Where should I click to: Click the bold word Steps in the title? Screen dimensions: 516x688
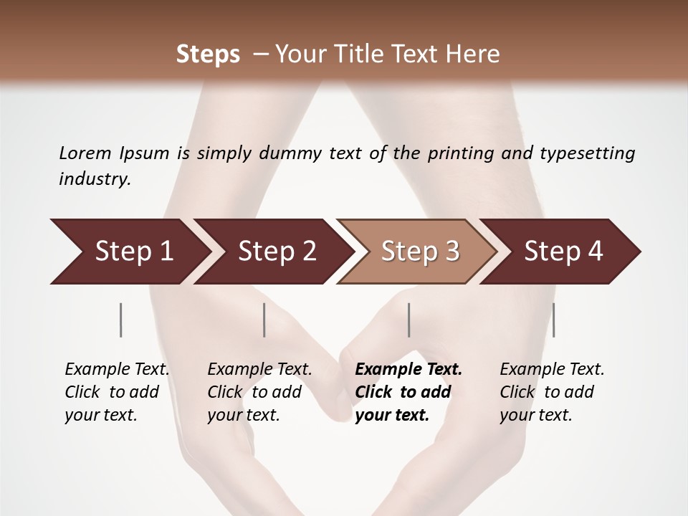pyautogui.click(x=208, y=54)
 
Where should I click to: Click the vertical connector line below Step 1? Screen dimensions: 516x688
pyautogui.click(x=121, y=320)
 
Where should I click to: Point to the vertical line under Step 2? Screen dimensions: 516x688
pyautogui.click(x=264, y=320)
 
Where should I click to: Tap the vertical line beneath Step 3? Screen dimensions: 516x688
pyautogui.click(x=409, y=320)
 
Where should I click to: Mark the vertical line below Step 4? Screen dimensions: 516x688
pyautogui.click(x=554, y=320)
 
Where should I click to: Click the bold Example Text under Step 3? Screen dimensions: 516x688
pyautogui.click(x=408, y=370)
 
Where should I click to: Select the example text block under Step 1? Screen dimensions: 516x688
pyautogui.click(x=117, y=392)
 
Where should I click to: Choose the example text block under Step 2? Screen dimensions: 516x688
pyautogui.click(x=259, y=392)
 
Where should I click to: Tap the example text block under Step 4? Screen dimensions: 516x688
pyautogui.click(x=552, y=392)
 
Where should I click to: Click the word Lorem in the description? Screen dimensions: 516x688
pyautogui.click(x=85, y=153)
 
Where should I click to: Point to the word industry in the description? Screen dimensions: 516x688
pyautogui.click(x=94, y=179)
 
